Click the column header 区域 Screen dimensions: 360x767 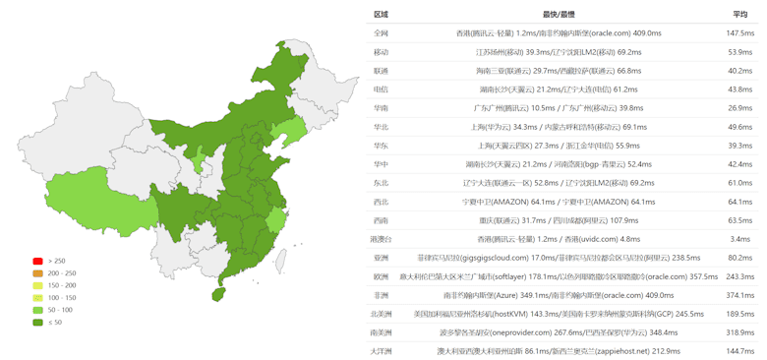tap(381, 15)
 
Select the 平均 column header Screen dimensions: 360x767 tap(739, 15)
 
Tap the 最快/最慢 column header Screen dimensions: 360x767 tap(560, 15)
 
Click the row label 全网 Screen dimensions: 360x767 tap(381, 33)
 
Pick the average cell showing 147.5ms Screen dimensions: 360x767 tap(739, 33)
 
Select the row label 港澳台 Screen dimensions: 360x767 tap(381, 239)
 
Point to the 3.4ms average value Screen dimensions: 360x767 tap(740, 239)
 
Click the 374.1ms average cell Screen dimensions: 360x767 tap(739, 295)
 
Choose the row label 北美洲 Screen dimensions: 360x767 tap(381, 314)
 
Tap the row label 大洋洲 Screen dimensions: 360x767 tap(381, 351)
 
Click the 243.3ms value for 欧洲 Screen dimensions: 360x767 tap(739, 276)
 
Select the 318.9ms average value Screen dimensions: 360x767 tap(739, 332)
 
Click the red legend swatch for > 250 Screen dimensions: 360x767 tap(37, 261)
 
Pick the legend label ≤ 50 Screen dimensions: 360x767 tap(55, 323)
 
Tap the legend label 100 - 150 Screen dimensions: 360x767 tap(62, 297)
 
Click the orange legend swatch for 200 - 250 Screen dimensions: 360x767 tap(37, 272)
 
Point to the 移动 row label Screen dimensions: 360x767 tap(381, 52)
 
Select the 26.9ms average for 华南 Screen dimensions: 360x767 tap(739, 108)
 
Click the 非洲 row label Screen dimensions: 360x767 tap(381, 295)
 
